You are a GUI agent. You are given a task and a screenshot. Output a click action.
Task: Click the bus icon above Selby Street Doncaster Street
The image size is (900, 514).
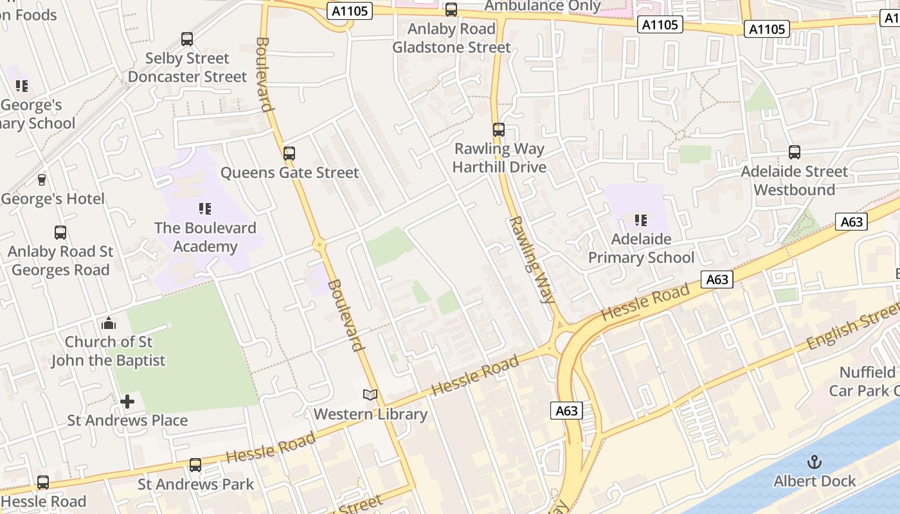[187, 39]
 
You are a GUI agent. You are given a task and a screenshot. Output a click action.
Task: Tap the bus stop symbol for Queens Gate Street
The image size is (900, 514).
[289, 154]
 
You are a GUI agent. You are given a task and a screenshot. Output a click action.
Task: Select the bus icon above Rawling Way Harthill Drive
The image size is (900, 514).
[499, 130]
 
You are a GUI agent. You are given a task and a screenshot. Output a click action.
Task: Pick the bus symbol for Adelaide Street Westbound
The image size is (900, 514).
[795, 152]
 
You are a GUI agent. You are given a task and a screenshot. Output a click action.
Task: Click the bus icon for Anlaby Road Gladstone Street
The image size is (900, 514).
[451, 10]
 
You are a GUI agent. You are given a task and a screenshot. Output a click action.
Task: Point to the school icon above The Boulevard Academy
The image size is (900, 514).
[205, 209]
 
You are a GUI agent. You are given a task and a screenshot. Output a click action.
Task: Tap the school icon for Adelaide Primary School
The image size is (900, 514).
[641, 220]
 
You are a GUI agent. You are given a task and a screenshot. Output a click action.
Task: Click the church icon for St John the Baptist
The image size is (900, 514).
[109, 323]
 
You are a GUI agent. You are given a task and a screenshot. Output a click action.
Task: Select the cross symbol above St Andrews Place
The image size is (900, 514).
[127, 402]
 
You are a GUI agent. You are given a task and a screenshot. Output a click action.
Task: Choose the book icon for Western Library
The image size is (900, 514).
[370, 395]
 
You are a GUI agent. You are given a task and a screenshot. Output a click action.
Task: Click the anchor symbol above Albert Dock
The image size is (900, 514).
[815, 462]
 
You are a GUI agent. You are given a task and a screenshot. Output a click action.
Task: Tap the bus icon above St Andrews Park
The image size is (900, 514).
[195, 465]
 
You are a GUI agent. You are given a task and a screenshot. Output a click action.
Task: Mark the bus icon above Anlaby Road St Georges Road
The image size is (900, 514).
[60, 233]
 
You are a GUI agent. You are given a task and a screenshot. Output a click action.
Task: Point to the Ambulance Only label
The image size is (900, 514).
[543, 6]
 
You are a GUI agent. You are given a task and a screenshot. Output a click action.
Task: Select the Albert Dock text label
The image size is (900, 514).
[815, 481]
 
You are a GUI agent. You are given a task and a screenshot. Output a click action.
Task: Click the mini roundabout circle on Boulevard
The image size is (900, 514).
[319, 245]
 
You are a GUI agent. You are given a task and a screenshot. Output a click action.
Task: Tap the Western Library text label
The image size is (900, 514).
[370, 414]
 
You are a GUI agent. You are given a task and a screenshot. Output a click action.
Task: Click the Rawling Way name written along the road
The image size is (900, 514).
[532, 260]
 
